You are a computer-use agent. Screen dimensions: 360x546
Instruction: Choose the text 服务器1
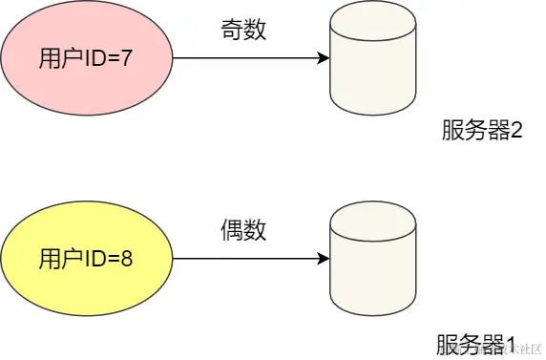pos(476,344)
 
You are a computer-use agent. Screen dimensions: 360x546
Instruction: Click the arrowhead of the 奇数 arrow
pos(323,59)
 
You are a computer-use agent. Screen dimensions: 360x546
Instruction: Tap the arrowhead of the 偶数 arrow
pos(323,259)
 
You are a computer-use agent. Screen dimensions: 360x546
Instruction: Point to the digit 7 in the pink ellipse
pos(126,59)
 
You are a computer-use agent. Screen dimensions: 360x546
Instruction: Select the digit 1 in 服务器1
pos(510,344)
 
